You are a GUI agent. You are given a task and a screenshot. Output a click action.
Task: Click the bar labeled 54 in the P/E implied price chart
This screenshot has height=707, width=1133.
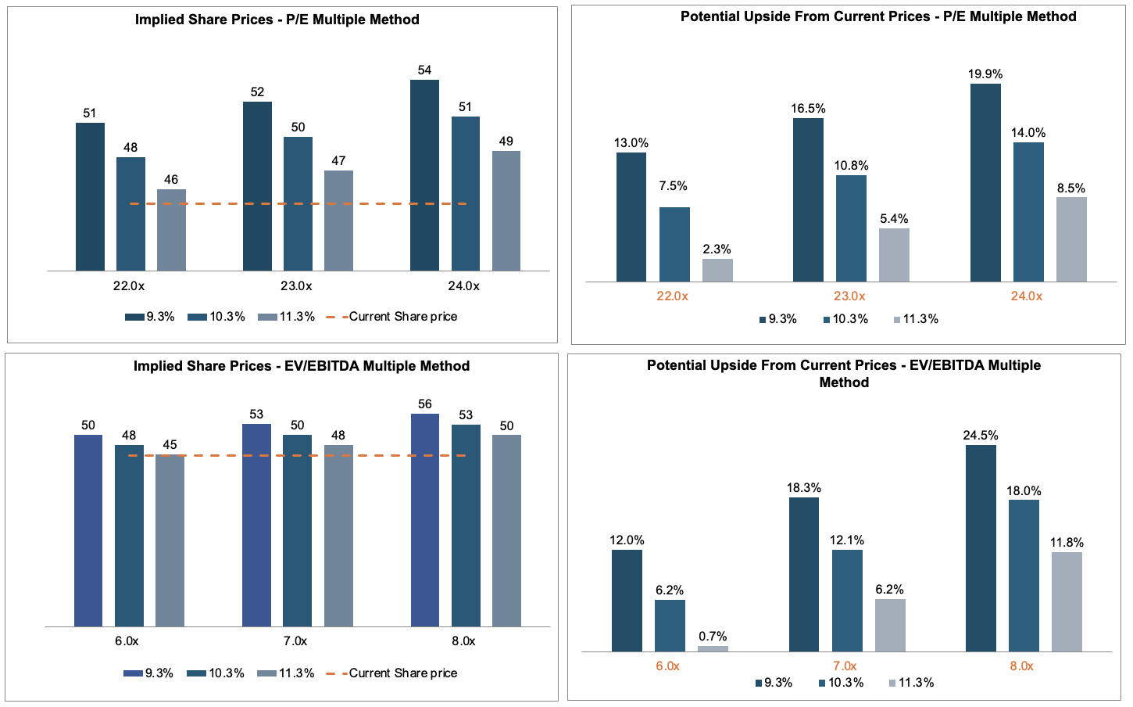[424, 175]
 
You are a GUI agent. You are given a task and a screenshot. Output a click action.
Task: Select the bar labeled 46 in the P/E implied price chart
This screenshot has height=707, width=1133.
[171, 230]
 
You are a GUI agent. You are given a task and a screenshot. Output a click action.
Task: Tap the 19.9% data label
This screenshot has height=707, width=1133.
[985, 74]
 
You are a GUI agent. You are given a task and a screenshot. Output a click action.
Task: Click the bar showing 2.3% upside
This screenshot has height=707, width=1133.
[717, 270]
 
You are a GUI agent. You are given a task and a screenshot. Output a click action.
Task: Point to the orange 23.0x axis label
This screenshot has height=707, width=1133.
[849, 296]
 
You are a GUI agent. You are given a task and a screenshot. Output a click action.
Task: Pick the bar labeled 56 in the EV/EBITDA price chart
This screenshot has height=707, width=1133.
[425, 520]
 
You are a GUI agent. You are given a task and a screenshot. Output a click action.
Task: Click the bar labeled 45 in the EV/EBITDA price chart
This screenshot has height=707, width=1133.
[170, 540]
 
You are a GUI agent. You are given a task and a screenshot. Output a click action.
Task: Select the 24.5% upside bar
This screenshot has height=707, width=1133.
[981, 547]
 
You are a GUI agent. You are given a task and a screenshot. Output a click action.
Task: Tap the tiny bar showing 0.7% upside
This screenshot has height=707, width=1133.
[713, 648]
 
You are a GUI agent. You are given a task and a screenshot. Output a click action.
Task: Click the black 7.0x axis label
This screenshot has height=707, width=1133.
[295, 641]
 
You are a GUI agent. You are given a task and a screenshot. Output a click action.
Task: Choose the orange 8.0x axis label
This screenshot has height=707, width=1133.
[1021, 666]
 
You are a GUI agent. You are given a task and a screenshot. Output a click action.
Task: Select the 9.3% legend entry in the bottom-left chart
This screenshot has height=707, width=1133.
[148, 673]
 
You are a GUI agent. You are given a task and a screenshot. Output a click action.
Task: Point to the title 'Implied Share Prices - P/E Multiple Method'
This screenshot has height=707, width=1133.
[277, 20]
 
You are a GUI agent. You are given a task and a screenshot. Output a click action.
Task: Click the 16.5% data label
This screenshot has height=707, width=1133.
[808, 109]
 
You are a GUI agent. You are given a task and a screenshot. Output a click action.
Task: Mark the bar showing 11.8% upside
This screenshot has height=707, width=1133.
[1067, 601]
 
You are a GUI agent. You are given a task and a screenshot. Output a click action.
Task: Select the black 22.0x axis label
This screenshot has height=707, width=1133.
[129, 286]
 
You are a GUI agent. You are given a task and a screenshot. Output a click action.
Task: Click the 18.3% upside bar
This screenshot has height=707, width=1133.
[804, 574]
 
